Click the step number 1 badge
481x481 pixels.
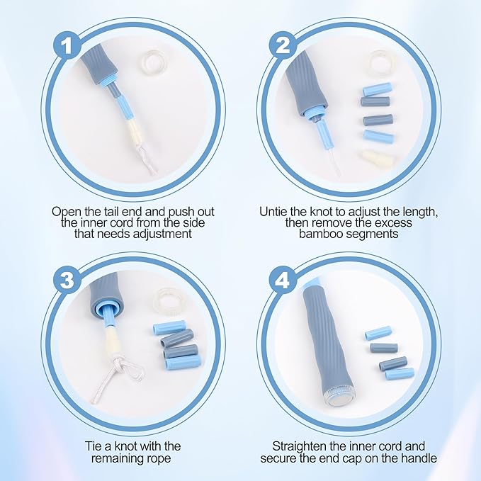pyautogui.click(x=67, y=46)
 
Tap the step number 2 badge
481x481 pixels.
pyautogui.click(x=283, y=46)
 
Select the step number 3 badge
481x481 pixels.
pyautogui.click(x=67, y=280)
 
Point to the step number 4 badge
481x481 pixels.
pyautogui.click(x=283, y=280)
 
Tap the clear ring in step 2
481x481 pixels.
pyautogui.click(x=369, y=64)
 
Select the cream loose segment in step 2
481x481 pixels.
pyautogui.click(x=378, y=160)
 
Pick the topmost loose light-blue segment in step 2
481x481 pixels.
pyautogui.click(x=378, y=89)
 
